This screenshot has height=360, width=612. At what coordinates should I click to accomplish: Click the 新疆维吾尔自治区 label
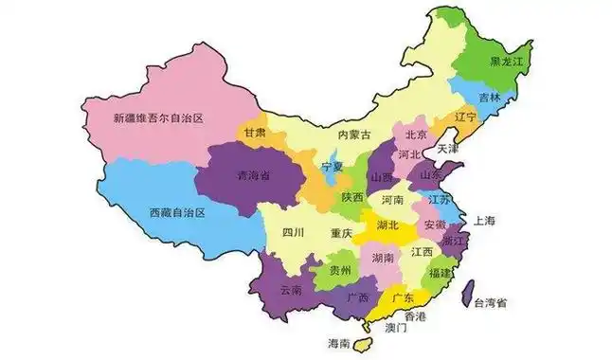[x=158, y=117]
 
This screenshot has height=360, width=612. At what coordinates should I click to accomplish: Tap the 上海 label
[x=484, y=220]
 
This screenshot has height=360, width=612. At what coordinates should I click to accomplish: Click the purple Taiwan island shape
[x=467, y=293]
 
